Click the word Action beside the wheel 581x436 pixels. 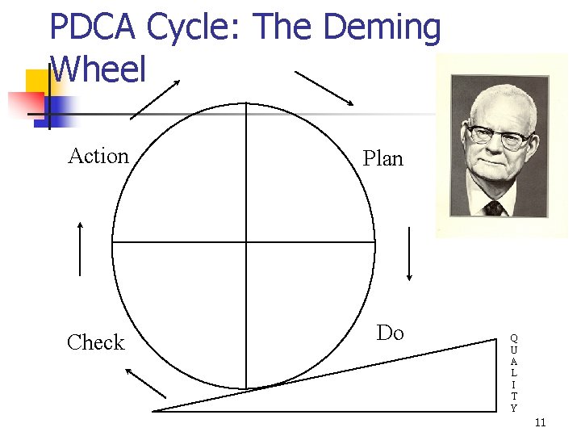click(98, 156)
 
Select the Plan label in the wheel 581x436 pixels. click(382, 158)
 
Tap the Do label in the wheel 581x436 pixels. click(390, 333)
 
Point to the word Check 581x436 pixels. click(96, 342)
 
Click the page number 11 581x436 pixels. click(541, 422)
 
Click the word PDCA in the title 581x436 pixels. click(94, 27)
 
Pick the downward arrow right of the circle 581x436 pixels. click(409, 254)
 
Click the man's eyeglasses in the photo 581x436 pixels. click(497, 135)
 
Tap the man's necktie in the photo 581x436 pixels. click(494, 208)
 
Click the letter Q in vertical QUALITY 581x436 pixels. click(514, 338)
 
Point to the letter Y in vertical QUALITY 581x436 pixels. click(514, 408)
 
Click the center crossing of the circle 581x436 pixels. click(246, 242)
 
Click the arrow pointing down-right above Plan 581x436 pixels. click(324, 88)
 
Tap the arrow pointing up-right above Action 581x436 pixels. click(155, 99)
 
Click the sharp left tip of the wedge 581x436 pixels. click(154, 410)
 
